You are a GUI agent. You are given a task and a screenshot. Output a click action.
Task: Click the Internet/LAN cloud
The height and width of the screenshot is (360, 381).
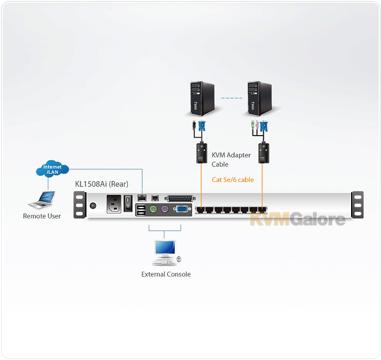tap(52, 168)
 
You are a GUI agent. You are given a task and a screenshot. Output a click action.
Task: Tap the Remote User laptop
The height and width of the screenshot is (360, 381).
tap(42, 200)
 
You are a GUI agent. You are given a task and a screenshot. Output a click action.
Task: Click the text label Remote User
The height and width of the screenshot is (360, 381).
tap(42, 216)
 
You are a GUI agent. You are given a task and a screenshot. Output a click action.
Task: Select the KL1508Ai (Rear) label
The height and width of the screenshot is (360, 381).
tap(102, 184)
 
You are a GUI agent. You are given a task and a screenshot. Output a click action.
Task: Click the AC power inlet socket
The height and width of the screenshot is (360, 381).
tap(114, 204)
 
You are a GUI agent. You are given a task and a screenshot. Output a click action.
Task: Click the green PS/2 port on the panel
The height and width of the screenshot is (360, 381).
tap(153, 209)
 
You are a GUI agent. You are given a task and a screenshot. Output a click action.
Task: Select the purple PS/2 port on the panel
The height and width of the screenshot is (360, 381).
tap(165, 209)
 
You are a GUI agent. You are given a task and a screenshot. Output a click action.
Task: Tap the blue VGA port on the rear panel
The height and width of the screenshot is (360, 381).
tap(182, 209)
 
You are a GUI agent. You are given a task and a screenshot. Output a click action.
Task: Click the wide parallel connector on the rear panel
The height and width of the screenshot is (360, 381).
tap(180, 198)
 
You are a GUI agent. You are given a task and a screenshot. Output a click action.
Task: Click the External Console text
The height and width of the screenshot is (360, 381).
tap(166, 274)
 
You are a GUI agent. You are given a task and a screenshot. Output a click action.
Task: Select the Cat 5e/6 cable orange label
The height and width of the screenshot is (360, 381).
tap(233, 180)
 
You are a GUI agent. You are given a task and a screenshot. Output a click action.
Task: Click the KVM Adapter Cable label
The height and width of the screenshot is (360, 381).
tap(231, 160)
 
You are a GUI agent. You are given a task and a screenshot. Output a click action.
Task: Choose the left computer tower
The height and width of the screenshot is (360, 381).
tap(202, 99)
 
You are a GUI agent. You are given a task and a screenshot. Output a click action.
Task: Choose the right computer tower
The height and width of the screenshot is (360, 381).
tap(260, 99)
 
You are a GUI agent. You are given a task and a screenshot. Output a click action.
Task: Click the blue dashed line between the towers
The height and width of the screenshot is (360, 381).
tap(231, 98)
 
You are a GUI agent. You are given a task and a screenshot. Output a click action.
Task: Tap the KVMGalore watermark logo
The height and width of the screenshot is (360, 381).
tap(298, 219)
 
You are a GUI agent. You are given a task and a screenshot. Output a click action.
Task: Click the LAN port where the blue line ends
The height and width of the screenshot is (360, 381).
tap(142, 198)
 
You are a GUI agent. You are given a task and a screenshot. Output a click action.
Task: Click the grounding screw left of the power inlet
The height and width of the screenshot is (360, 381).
tap(93, 206)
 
